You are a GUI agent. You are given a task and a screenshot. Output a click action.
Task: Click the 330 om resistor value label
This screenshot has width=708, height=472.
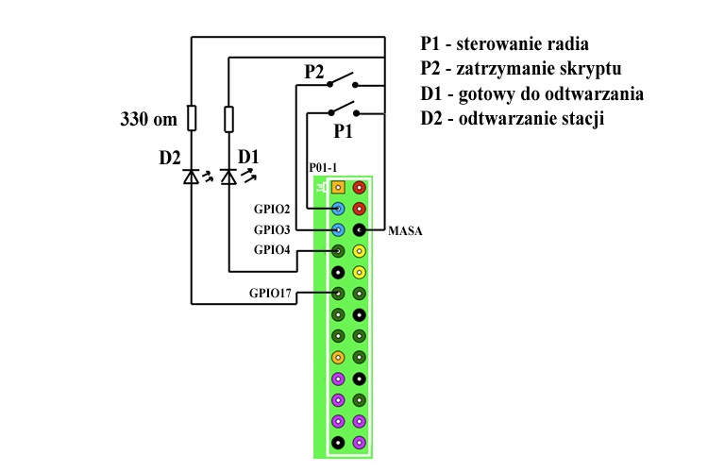149,120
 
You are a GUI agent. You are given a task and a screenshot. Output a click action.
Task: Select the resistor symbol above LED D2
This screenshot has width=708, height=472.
192,118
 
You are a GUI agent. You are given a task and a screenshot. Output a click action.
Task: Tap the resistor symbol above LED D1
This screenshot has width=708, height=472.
228,119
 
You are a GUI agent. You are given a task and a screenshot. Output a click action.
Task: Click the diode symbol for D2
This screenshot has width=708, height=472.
192,176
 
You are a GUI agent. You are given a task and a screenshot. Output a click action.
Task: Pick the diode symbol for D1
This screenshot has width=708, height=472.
228,176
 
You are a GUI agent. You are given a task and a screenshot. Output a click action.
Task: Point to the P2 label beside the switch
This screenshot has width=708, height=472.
314,72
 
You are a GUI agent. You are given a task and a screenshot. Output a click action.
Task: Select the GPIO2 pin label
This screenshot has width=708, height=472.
272,208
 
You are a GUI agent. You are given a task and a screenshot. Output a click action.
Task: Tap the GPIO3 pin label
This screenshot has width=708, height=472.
272,229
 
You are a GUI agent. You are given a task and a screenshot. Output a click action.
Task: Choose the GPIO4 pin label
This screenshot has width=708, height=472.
272,250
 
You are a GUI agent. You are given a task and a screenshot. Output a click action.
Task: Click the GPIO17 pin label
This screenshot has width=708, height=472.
269,294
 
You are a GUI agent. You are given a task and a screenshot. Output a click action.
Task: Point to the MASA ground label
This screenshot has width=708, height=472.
404,229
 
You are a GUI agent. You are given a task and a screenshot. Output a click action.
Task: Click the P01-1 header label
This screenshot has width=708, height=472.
325,167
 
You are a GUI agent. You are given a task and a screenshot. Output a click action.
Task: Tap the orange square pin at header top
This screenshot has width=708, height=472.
338,187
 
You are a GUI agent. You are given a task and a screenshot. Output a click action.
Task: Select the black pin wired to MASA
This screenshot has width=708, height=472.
360,229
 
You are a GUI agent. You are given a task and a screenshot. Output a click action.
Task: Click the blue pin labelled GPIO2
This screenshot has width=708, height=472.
338,208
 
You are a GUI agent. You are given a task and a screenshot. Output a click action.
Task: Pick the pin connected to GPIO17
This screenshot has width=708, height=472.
338,294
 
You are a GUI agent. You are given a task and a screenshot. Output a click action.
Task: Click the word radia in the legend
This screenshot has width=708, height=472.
565,44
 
